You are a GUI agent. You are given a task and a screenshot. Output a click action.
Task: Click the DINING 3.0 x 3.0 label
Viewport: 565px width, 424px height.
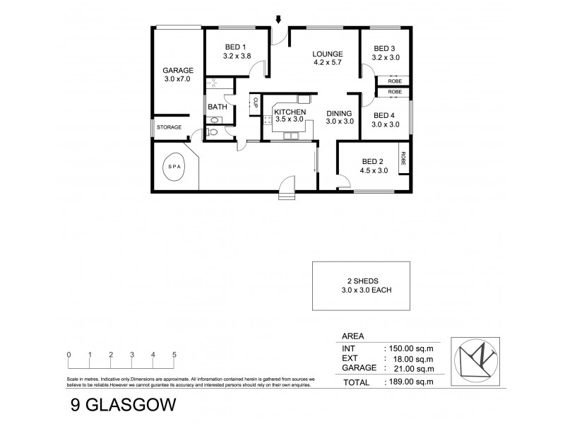point(340,117)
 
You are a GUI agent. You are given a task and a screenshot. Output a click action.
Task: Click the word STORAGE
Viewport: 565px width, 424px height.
point(169,127)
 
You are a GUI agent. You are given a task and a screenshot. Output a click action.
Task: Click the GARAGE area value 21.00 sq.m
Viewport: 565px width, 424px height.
point(408,368)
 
